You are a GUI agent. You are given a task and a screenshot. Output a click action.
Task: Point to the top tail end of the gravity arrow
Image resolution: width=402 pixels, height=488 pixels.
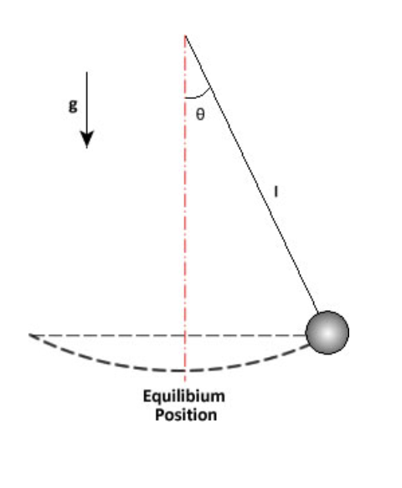tap(87, 72)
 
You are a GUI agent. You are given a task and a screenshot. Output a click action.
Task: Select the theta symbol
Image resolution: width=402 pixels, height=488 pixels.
tap(198, 115)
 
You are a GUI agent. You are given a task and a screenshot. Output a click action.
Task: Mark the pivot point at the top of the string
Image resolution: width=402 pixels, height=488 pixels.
tap(185, 35)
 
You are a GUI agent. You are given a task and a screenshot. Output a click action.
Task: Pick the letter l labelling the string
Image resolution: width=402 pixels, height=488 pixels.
tap(276, 191)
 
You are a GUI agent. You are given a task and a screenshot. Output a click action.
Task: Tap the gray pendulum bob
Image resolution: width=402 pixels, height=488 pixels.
tap(327, 332)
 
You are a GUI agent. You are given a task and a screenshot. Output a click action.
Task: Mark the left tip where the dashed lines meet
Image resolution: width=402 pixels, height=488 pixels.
tap(30, 335)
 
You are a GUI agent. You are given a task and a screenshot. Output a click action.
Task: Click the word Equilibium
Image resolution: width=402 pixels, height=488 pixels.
tap(183, 397)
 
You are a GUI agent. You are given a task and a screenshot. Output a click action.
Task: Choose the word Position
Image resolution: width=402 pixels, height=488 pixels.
tap(184, 414)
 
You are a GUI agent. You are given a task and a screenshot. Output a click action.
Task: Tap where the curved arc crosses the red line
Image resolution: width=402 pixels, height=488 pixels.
tap(185, 370)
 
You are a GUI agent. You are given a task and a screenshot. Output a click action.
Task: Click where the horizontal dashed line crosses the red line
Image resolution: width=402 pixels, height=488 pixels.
tap(185, 335)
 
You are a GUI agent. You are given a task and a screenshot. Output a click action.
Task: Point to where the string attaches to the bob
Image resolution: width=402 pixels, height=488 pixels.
tap(317, 313)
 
